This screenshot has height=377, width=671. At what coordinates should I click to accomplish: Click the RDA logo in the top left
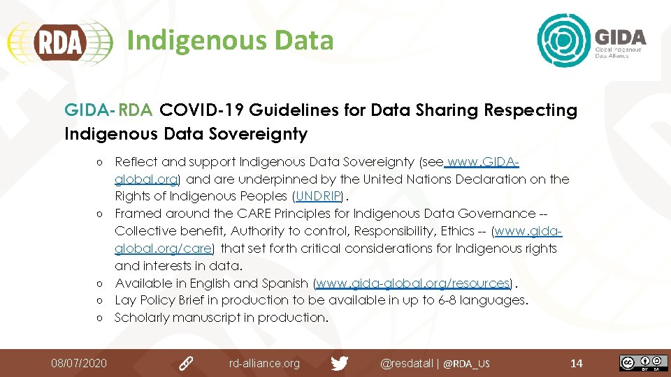pos(59,42)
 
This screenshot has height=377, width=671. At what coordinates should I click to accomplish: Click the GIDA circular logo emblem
pos(564,41)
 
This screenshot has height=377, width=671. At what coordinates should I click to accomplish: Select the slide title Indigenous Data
pos(230,40)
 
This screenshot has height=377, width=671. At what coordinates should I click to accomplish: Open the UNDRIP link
pos(319,196)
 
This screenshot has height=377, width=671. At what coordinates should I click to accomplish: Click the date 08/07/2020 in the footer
pos(79,363)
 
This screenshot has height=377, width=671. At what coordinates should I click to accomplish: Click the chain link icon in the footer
pos(186,363)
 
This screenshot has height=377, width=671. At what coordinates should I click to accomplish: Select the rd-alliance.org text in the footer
pos(264,363)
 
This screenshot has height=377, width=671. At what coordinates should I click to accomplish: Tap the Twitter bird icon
pos(340,363)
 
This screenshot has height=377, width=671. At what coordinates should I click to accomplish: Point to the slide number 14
pos(577,363)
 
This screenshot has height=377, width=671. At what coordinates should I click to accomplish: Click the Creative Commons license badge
pos(638,363)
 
